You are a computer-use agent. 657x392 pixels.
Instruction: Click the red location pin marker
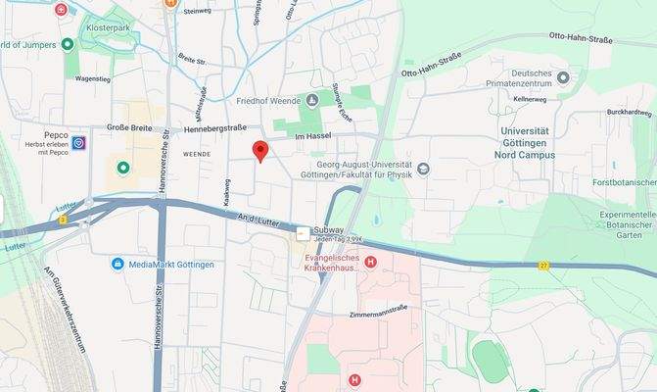click(x=259, y=150)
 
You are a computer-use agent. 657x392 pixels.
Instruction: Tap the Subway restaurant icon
click(x=304, y=233)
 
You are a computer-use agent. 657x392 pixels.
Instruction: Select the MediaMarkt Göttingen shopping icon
click(x=117, y=264)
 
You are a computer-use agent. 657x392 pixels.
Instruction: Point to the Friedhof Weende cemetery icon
click(x=312, y=100)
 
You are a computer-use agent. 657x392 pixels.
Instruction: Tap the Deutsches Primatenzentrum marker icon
click(x=562, y=75)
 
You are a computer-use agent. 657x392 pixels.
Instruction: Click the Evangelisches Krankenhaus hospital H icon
click(x=370, y=262)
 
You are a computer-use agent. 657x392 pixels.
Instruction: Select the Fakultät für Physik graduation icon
click(x=422, y=169)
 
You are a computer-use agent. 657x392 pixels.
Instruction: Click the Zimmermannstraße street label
click(x=379, y=308)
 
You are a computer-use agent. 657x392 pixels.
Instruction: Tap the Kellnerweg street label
click(x=530, y=99)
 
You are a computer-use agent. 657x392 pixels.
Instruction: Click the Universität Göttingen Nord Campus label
click(x=533, y=142)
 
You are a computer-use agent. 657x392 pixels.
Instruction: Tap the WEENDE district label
click(x=196, y=154)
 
